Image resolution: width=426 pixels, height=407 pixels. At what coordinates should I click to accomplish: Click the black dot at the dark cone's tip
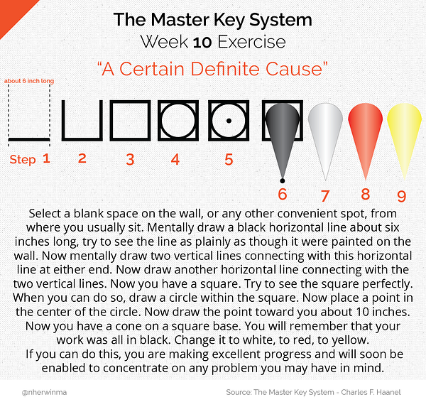coord(283,180)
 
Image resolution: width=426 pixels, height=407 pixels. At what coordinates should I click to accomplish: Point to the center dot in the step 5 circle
coord(229,121)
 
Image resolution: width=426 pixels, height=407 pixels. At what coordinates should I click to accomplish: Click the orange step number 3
coord(130,159)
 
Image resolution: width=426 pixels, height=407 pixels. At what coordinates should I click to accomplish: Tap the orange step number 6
coord(283,194)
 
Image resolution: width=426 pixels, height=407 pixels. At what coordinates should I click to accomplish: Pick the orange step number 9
coord(402,196)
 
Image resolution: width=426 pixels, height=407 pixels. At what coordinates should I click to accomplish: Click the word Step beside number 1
coord(23,160)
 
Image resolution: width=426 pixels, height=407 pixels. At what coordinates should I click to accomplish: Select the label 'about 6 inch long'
coord(29,81)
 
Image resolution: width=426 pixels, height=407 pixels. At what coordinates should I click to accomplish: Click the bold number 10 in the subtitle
coord(202,43)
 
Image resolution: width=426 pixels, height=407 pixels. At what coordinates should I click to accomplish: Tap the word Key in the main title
coord(229,21)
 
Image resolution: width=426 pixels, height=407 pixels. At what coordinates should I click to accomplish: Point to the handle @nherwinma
coord(44,392)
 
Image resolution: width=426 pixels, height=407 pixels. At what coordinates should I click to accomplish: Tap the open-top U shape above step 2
coord(82,139)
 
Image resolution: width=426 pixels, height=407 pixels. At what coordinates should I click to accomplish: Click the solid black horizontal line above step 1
coord(29,139)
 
